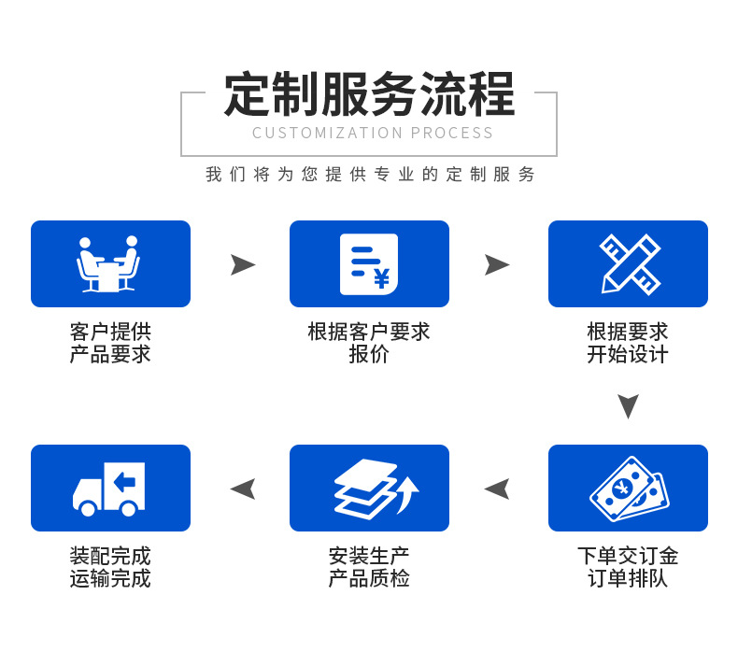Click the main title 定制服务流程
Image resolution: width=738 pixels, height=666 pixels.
369,94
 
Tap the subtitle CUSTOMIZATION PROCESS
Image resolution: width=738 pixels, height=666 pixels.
373,133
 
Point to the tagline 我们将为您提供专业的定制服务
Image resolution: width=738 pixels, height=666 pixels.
371,175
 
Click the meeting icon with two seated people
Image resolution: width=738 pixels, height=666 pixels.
109,264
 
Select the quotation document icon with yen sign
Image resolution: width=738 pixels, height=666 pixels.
369,264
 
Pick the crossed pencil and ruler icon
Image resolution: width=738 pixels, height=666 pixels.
629,264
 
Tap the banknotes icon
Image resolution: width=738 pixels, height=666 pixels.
629,489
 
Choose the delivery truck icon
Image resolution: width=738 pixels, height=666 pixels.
109,489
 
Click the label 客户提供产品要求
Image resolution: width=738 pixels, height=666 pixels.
110,343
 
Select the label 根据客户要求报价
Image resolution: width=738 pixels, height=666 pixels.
369,343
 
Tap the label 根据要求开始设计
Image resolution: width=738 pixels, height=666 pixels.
628,343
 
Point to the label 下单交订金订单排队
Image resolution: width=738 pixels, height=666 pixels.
628,567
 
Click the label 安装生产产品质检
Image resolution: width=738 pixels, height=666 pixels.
369,567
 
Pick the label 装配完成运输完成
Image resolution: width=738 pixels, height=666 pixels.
110,567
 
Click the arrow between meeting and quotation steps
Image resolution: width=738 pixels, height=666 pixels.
242,264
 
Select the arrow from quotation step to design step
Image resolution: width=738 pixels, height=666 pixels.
496,264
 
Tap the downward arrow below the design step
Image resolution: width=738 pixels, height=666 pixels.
628,405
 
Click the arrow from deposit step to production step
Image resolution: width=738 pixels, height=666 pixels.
497,489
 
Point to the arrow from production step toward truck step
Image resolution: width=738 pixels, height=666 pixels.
243,489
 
